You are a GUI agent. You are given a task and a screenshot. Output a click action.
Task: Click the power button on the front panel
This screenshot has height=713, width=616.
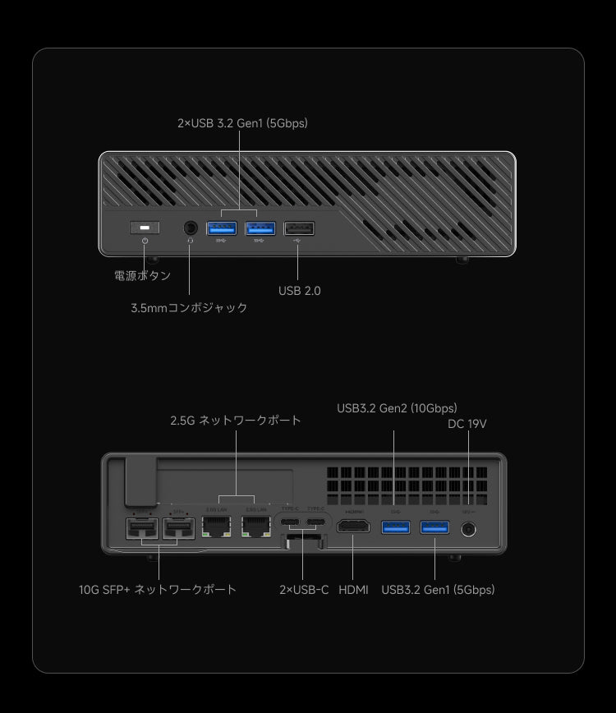click(x=145, y=228)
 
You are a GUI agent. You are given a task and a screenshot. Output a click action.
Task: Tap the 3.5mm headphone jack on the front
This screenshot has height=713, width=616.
click(x=190, y=228)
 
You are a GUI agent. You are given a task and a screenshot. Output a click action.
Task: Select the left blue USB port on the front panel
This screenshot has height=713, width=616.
click(x=221, y=228)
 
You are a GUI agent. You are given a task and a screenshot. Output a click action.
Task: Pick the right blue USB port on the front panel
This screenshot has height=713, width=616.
click(x=260, y=228)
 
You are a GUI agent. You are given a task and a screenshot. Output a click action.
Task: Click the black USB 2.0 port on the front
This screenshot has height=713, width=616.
click(x=298, y=228)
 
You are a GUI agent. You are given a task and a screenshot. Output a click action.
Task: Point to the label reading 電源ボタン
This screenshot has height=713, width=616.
click(x=142, y=276)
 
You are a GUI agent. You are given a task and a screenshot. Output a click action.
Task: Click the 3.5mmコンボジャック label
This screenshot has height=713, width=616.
click(x=189, y=308)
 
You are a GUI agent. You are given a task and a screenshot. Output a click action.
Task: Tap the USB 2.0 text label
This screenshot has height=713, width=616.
click(x=299, y=291)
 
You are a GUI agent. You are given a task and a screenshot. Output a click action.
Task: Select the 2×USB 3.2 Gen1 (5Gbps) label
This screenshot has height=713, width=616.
click(x=242, y=123)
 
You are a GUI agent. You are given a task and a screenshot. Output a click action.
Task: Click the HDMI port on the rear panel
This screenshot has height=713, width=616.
click(x=352, y=527)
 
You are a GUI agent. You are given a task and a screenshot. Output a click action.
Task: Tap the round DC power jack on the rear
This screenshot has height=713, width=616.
click(x=469, y=529)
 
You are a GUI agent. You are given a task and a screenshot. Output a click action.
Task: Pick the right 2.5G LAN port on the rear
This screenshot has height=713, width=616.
click(x=255, y=528)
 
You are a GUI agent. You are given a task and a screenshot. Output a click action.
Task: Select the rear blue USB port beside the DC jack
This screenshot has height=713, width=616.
click(x=434, y=526)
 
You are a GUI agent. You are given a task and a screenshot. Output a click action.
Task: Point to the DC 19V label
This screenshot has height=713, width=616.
click(x=467, y=424)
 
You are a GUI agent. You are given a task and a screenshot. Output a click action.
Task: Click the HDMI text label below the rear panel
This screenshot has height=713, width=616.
click(x=353, y=590)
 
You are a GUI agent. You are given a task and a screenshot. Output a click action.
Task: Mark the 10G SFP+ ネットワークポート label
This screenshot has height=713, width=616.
click(x=158, y=590)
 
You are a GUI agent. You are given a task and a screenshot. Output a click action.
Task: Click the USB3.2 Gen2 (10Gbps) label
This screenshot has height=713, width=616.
click(x=397, y=408)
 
